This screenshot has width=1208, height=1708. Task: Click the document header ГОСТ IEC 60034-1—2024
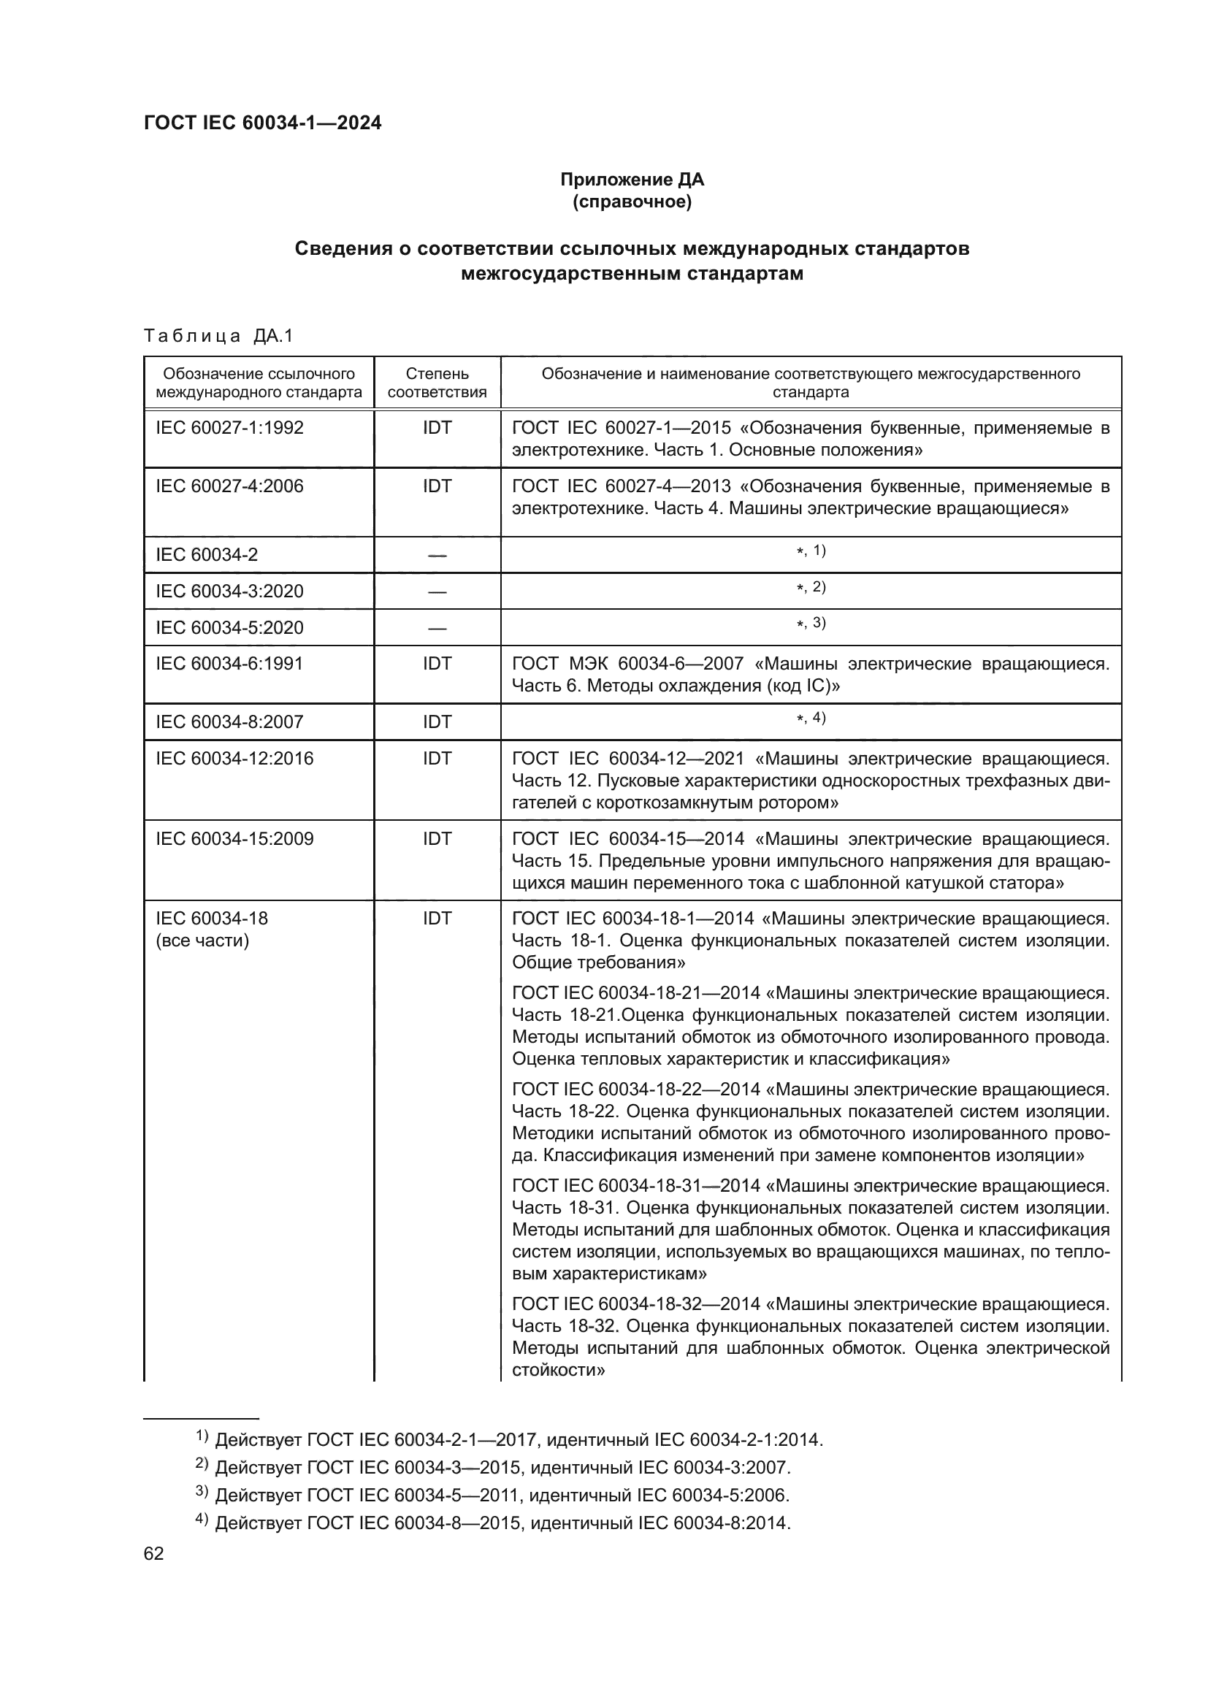tap(262, 123)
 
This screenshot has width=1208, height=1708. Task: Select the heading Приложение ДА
tap(632, 180)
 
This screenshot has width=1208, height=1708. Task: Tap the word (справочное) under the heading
tap(632, 202)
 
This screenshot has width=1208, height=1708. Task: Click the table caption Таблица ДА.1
tap(218, 336)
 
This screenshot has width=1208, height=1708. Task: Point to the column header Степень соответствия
tap(437, 383)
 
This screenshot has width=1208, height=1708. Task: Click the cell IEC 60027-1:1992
tap(229, 428)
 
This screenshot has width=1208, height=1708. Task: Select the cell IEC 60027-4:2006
tap(229, 486)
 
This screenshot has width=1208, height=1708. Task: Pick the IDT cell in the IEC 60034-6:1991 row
tap(437, 664)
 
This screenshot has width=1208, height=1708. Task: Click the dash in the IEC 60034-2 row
tap(437, 555)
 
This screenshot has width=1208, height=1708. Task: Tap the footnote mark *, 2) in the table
tap(811, 588)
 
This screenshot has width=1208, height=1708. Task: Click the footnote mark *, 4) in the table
tap(811, 719)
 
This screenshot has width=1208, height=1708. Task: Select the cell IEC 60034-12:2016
tap(234, 759)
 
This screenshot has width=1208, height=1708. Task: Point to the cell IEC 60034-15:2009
tap(234, 839)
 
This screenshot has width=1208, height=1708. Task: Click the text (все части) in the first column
tap(202, 941)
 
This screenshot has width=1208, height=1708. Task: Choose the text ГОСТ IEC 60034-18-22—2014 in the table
tap(636, 1089)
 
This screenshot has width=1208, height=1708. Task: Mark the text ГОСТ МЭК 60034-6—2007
tap(630, 664)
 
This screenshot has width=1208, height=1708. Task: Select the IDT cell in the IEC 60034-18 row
tap(437, 919)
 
